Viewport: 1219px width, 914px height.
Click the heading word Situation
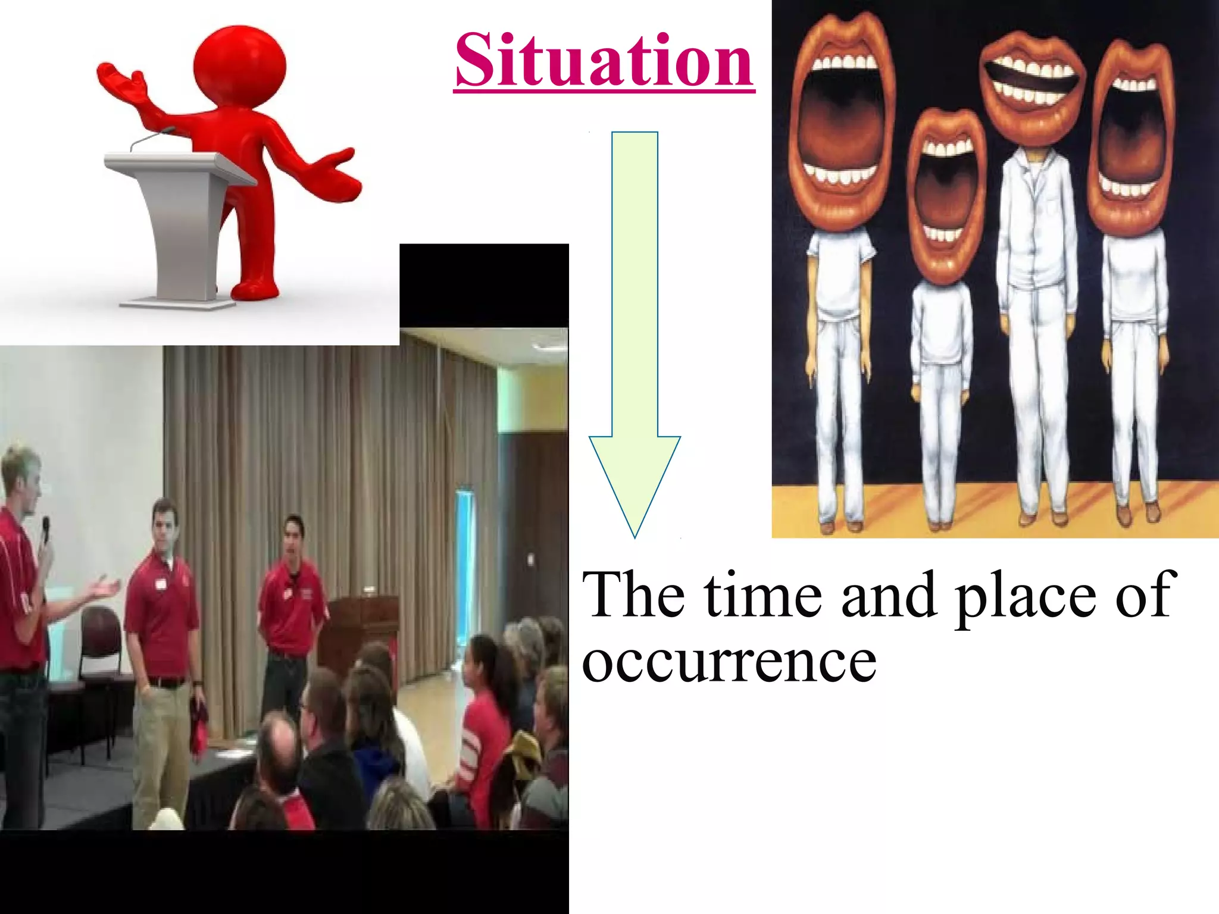[604, 61]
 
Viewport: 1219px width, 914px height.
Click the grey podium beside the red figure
[179, 226]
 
